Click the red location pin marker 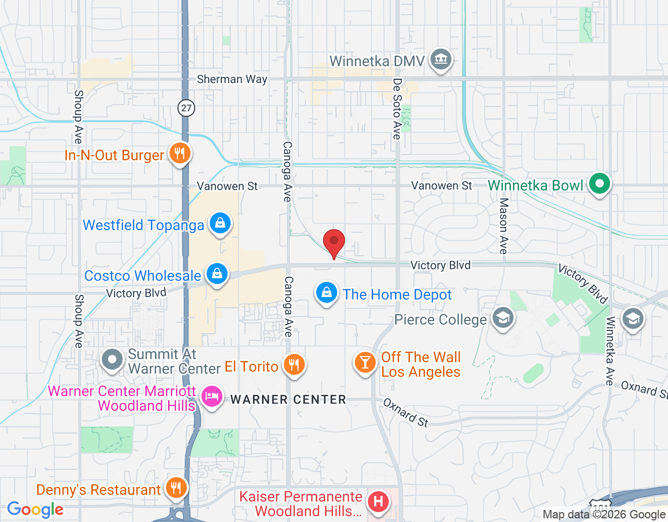(x=334, y=243)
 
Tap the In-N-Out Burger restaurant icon (x=180, y=153)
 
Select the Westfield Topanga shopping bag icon (x=220, y=224)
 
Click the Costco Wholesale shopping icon (x=217, y=274)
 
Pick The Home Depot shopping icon (x=327, y=293)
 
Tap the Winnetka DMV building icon (x=441, y=60)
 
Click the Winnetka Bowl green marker (x=600, y=184)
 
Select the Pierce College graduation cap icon (x=503, y=317)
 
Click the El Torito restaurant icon (x=294, y=365)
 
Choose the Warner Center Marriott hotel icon (x=211, y=397)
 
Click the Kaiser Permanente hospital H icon (x=378, y=502)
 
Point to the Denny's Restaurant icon (x=177, y=489)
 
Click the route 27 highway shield (x=186, y=108)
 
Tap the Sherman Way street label (x=232, y=79)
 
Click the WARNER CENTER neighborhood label (x=288, y=400)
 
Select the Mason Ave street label (x=504, y=226)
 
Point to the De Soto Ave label (x=397, y=109)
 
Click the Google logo (x=35, y=509)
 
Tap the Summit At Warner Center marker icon (x=112, y=360)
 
